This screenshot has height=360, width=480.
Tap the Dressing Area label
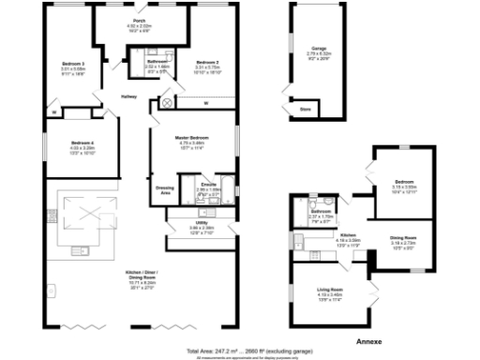click(164, 188)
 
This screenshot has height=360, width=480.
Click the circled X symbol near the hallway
click(168, 100)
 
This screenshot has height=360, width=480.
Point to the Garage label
click(318, 46)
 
